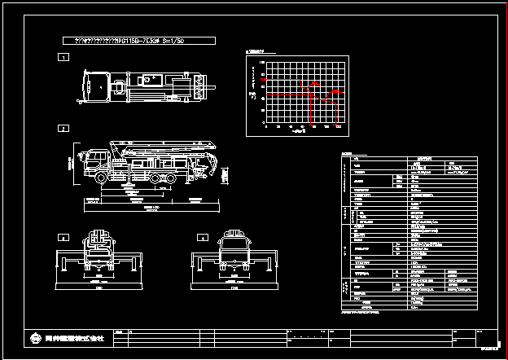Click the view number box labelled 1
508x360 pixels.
[63, 58]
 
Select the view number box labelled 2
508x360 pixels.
[63, 129]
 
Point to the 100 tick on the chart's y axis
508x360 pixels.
[262, 62]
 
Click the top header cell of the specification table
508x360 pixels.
[424, 159]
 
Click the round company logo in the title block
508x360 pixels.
[35, 337]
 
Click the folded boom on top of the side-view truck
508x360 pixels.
[163, 149]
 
